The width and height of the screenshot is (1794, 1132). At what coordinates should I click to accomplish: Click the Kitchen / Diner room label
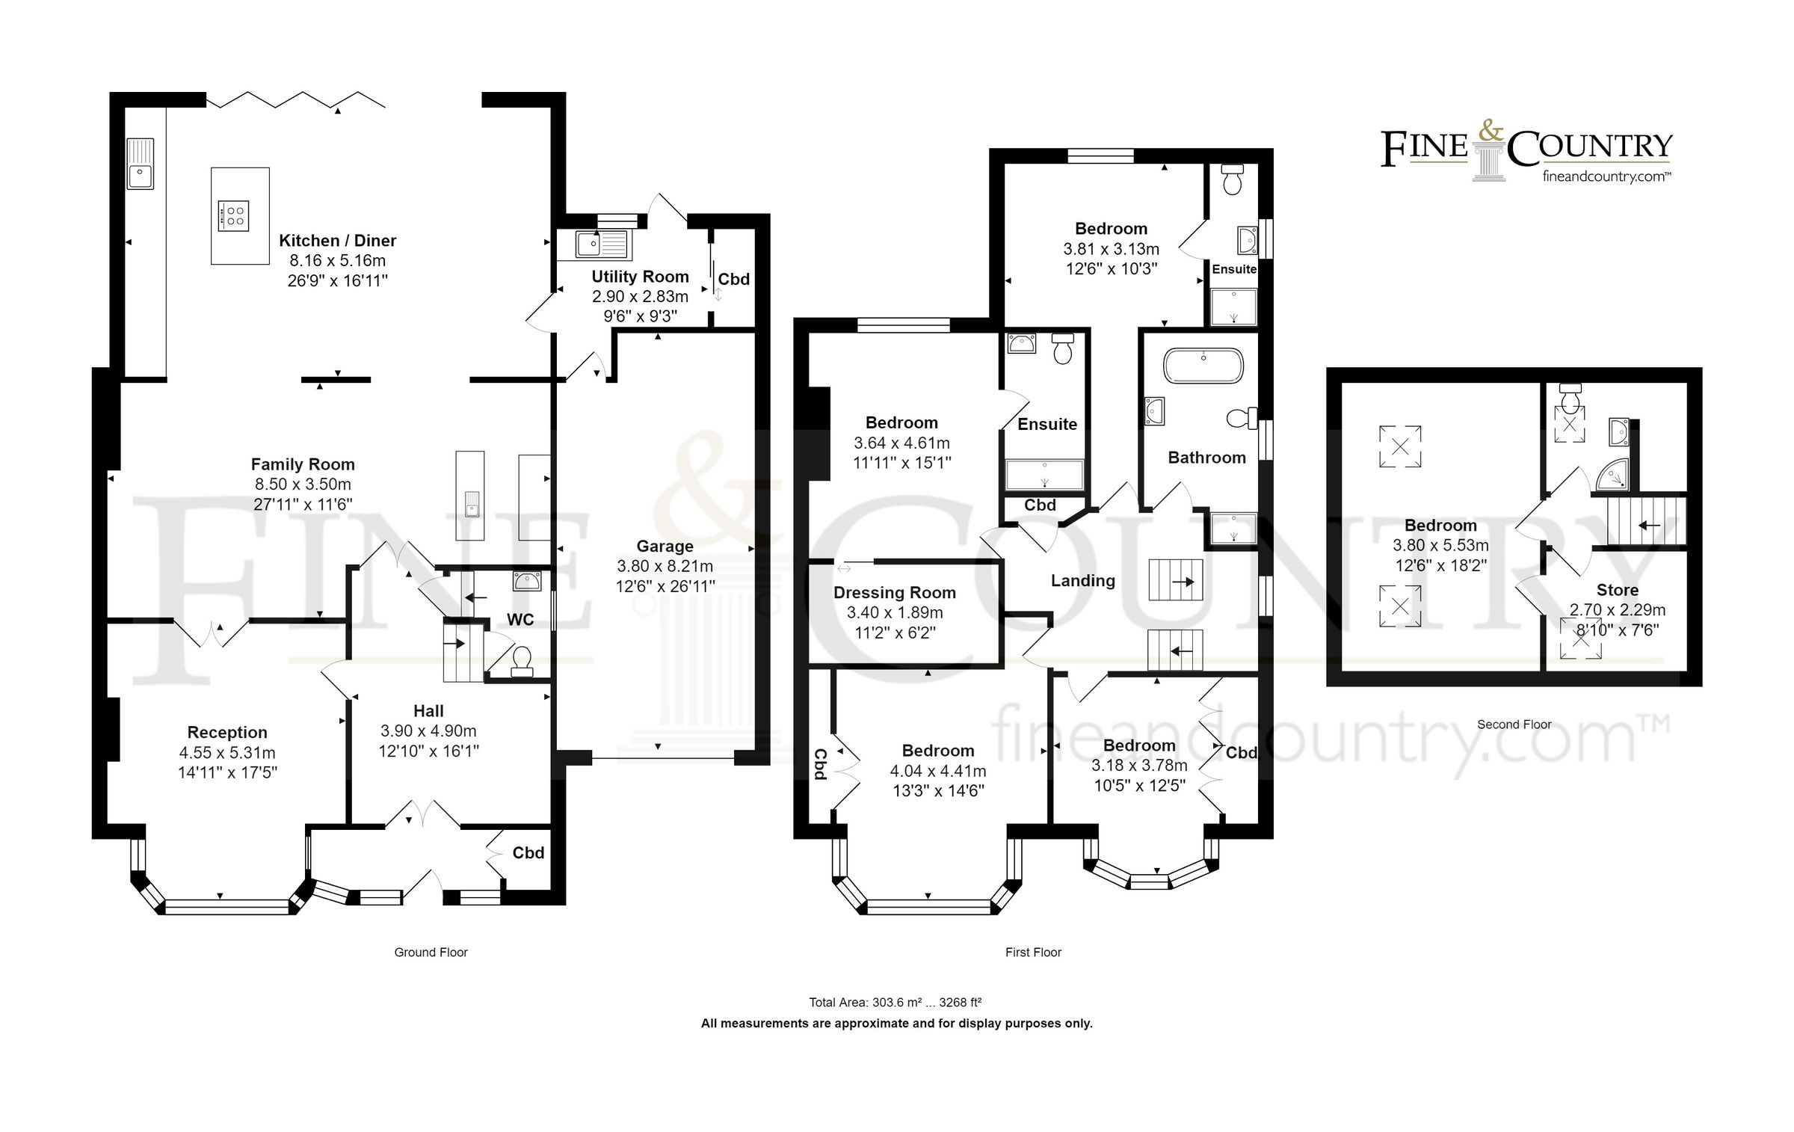click(337, 241)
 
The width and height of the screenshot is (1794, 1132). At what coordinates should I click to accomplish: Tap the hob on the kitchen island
click(232, 215)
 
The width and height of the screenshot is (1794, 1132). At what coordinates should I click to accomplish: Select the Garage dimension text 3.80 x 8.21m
click(665, 567)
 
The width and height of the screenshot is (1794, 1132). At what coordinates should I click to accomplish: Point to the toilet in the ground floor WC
click(521, 660)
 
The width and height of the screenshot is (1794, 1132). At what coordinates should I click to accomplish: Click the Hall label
click(428, 711)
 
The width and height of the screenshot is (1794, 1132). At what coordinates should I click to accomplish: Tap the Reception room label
click(226, 733)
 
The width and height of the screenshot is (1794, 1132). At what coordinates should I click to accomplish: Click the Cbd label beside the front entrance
click(528, 853)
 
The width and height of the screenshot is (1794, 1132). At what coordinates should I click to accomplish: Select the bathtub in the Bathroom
click(1203, 366)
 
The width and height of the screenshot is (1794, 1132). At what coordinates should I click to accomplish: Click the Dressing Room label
click(894, 593)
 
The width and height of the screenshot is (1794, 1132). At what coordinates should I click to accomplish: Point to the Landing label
click(1082, 581)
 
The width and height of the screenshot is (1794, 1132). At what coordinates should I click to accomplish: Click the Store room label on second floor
click(1617, 590)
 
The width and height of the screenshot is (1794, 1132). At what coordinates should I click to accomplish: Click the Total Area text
click(895, 1003)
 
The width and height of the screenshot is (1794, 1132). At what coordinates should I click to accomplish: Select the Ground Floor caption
click(431, 953)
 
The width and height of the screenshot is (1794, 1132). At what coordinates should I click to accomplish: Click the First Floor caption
click(1033, 953)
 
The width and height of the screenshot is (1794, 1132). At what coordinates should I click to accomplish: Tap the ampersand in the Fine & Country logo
click(1491, 133)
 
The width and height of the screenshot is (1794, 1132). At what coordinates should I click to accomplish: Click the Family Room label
click(302, 464)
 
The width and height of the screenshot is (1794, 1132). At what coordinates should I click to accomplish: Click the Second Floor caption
click(1514, 725)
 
